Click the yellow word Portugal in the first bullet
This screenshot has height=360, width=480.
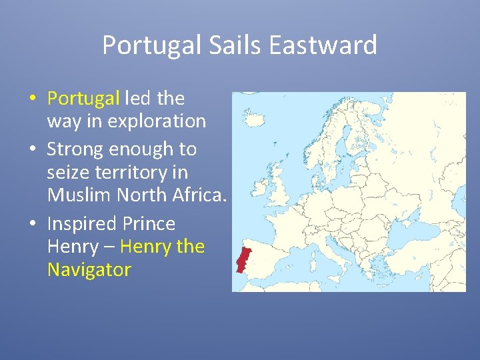click(83, 99)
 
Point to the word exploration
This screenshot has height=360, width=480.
click(157, 121)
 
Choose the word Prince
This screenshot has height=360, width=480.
click(151, 223)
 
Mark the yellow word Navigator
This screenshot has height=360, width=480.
click(89, 270)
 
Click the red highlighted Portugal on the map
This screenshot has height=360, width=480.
click(243, 261)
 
